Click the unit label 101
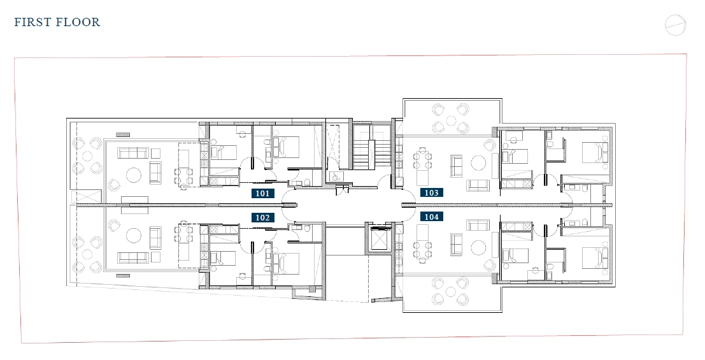[262, 194]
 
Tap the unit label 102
[262, 218]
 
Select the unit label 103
[431, 192]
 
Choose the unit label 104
[431, 217]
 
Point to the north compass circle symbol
[675, 25]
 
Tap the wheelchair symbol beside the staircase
[334, 176]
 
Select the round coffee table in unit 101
[134, 175]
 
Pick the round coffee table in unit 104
[478, 247]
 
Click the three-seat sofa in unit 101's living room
[133, 153]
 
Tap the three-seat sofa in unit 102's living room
[133, 257]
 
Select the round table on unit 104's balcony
[450, 291]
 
